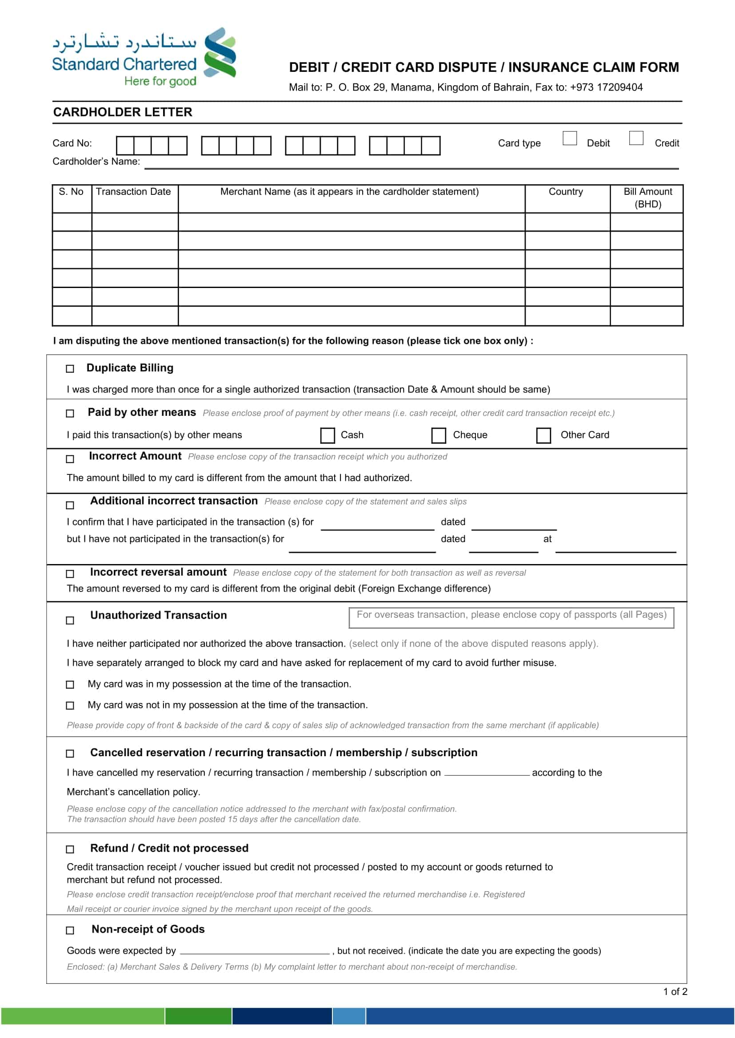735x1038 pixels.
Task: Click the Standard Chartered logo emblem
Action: coord(220,52)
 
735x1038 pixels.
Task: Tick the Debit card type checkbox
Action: coord(569,138)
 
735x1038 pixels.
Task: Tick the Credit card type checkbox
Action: coord(636,138)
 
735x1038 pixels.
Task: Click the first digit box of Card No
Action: coord(125,146)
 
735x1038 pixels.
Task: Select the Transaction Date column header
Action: coord(133,192)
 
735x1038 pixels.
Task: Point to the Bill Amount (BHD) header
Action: coord(647,197)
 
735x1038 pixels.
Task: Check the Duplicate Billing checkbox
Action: coord(70,369)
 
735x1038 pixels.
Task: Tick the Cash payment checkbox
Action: coord(327,435)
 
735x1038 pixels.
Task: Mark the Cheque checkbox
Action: coord(438,435)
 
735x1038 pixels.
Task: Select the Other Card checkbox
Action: coord(543,435)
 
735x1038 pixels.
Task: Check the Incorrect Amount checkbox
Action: coord(70,459)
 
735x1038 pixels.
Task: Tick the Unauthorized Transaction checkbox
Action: coord(70,620)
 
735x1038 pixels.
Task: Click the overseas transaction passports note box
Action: coord(511,617)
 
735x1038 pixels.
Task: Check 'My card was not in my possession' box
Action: coord(70,705)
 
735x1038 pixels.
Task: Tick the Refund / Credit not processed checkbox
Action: coord(70,849)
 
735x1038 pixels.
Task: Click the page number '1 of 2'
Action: coord(675,992)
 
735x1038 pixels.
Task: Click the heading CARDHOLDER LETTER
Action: coord(123,112)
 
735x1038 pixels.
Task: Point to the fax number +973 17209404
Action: coord(606,87)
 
